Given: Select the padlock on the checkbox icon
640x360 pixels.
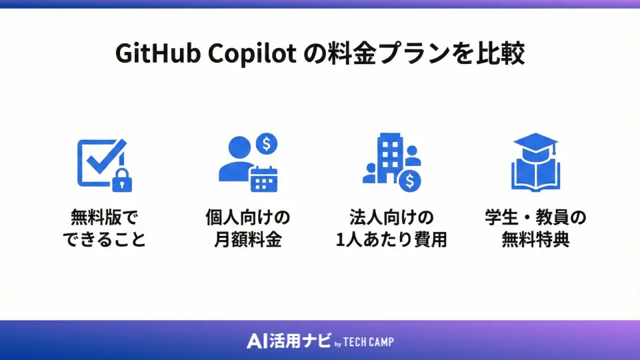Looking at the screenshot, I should pos(120,179).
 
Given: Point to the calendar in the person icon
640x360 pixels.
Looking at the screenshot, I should pos(264,177).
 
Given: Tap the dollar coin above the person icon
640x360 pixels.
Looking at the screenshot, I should pos(267,143).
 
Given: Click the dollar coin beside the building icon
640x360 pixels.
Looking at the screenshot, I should pos(409,179).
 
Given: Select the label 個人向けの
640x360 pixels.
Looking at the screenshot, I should pos(248,218).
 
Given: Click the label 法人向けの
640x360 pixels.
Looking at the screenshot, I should pos(391,218).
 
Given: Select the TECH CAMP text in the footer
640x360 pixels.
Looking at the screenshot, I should pos(369,342).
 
